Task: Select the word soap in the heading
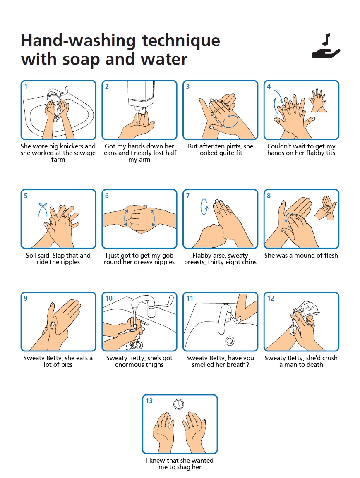(x=81, y=60)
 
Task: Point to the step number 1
(x=26, y=86)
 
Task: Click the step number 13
(x=149, y=401)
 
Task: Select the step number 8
(x=269, y=196)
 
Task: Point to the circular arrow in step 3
(x=230, y=121)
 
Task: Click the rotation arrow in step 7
(x=204, y=207)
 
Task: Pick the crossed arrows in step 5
(x=43, y=209)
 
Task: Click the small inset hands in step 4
(x=318, y=100)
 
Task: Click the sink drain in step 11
(x=230, y=341)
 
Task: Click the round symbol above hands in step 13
(x=179, y=404)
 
